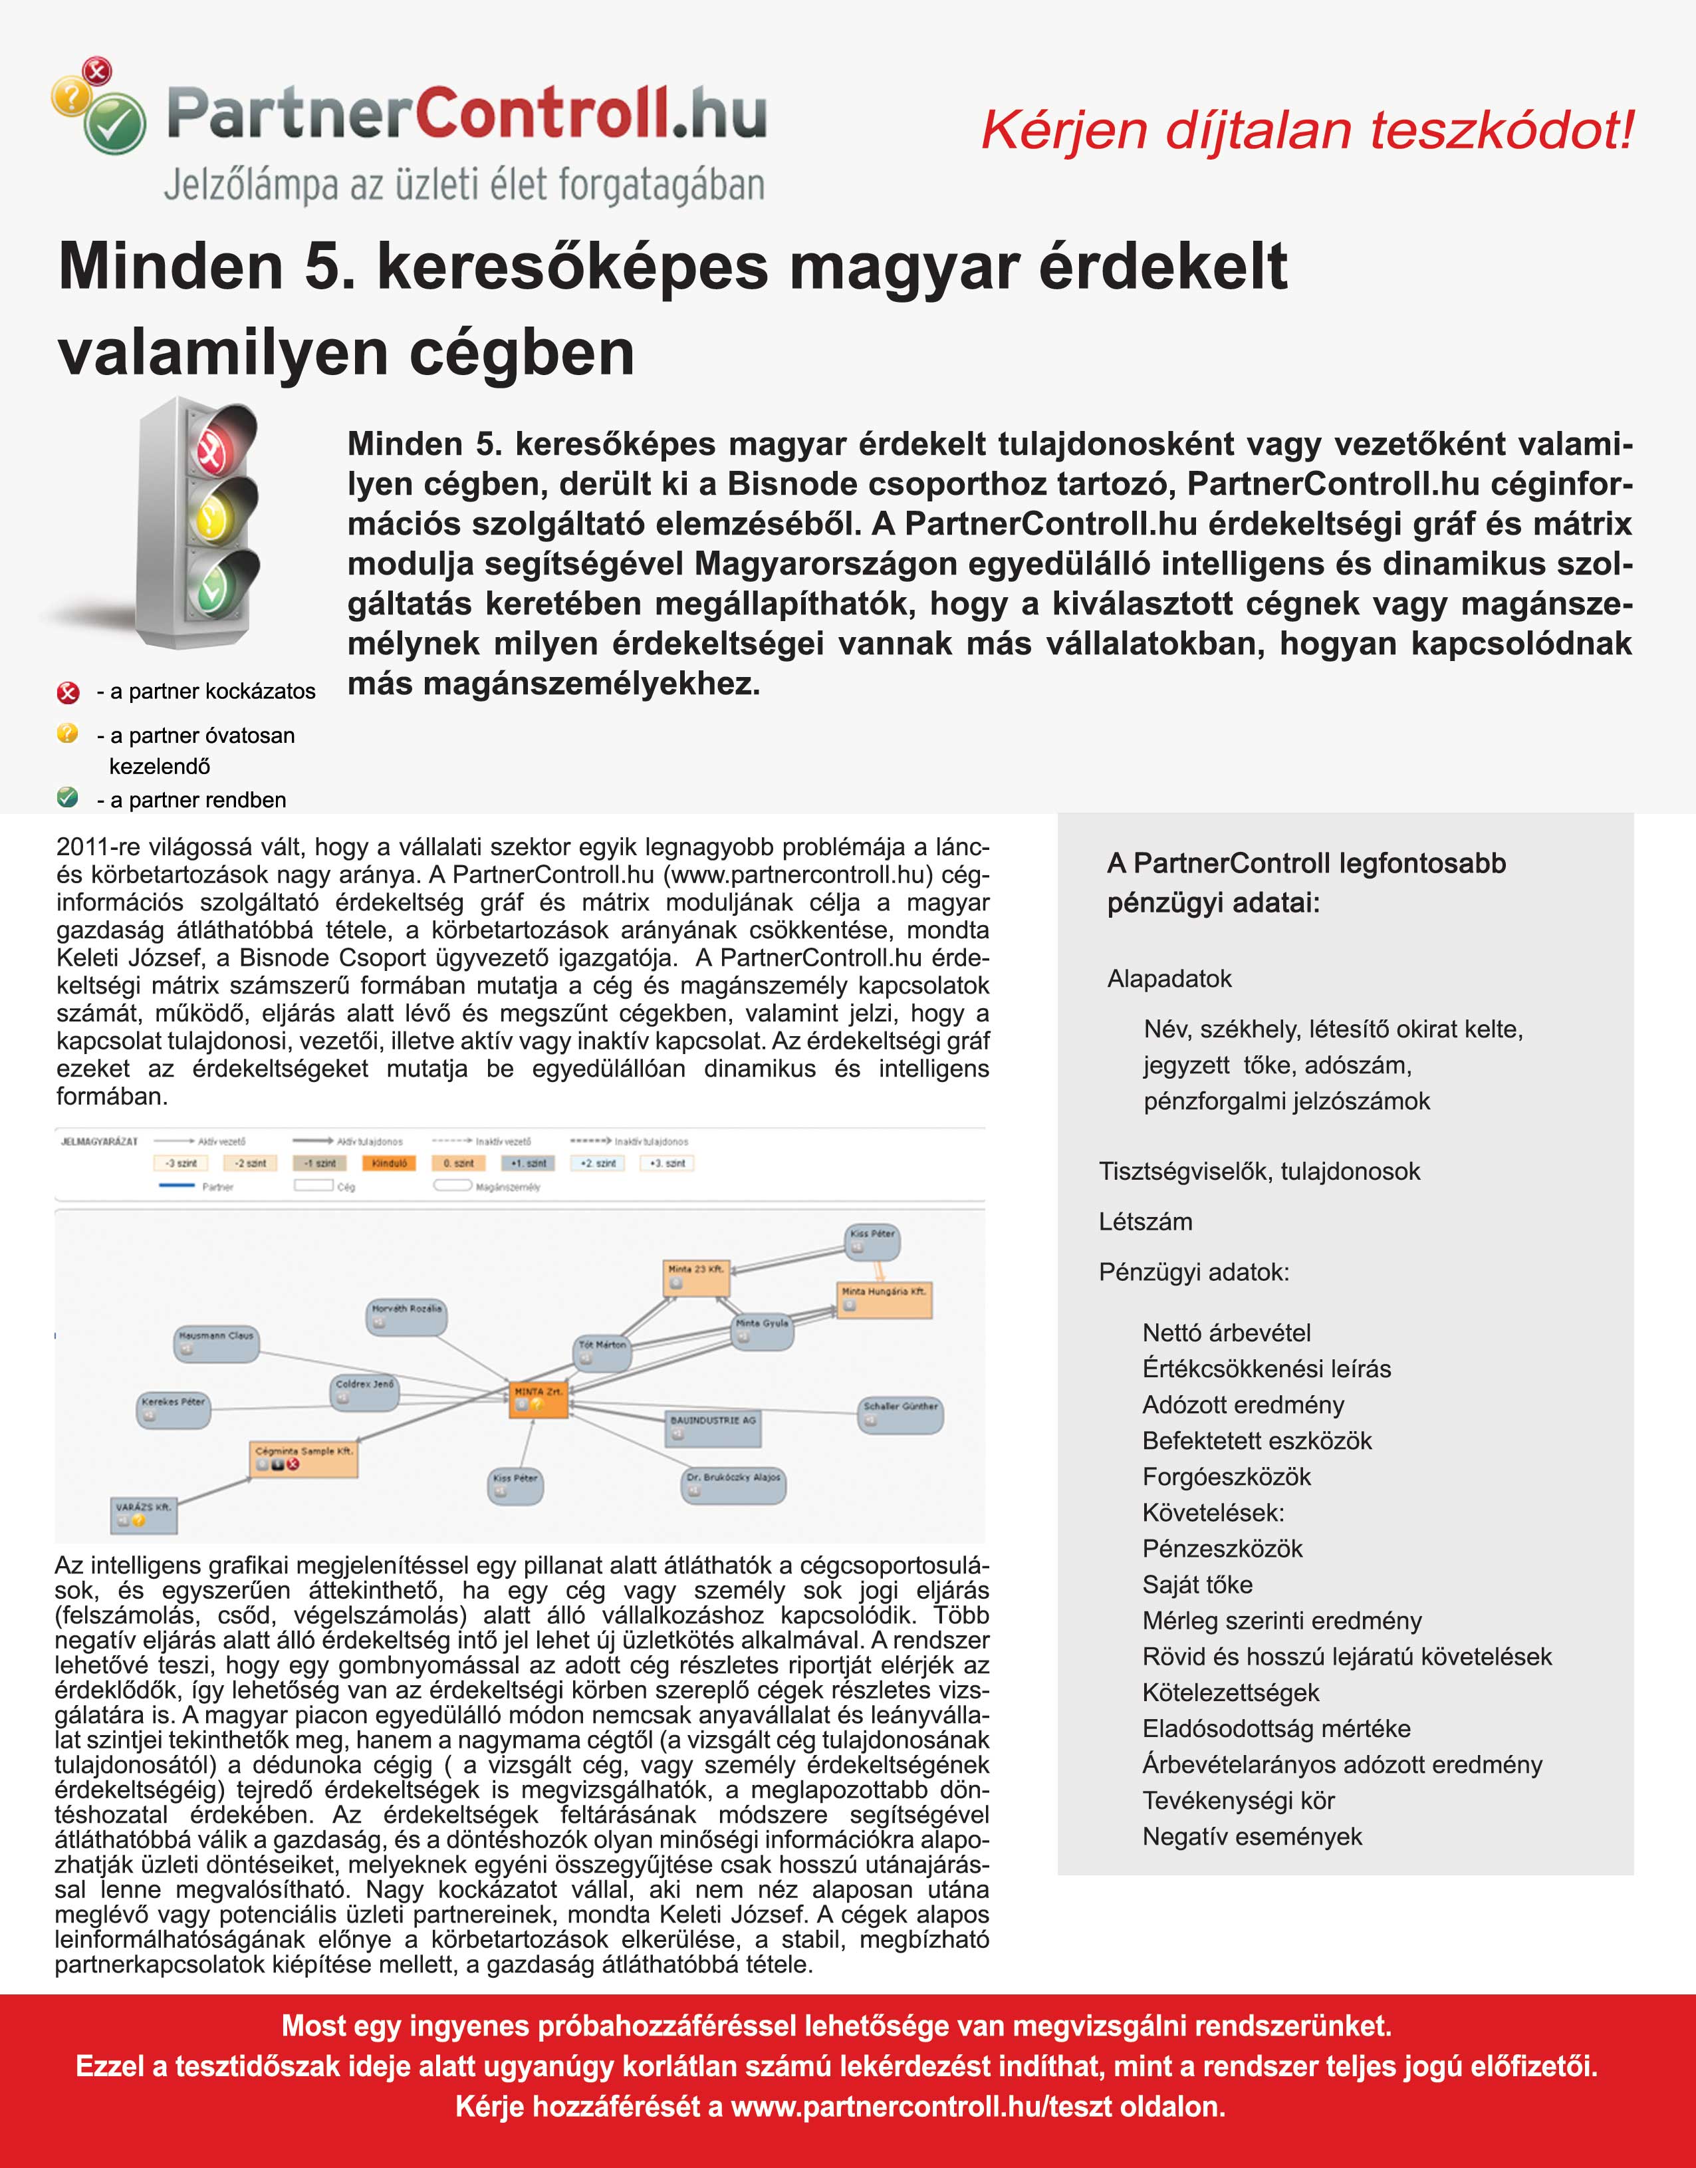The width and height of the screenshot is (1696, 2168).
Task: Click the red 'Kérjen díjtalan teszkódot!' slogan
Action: (1307, 130)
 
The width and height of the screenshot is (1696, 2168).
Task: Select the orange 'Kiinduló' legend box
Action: (390, 1163)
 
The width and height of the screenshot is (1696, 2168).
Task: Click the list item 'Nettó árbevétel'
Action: (1227, 1333)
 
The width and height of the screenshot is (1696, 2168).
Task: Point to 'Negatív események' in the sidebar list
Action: (1252, 1836)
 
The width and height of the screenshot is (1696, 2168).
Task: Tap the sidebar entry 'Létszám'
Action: (1145, 1222)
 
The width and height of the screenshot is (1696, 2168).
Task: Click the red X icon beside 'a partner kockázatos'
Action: (68, 692)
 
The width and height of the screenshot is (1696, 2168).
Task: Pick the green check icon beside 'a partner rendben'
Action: (68, 797)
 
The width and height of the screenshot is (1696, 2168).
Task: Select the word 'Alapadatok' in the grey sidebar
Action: (1169, 978)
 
